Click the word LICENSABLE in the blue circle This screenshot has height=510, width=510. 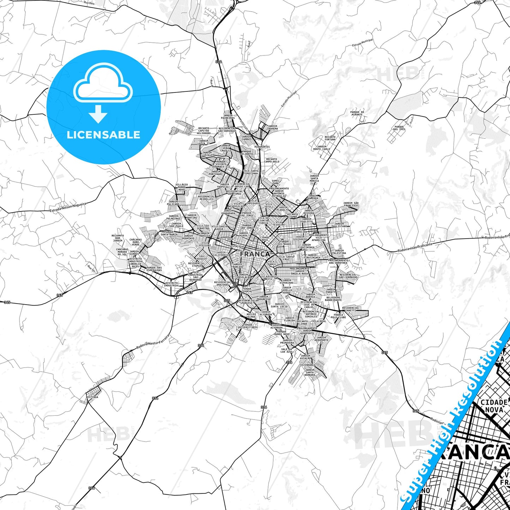103,135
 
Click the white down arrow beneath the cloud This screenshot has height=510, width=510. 98,114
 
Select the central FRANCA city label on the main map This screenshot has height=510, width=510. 254,254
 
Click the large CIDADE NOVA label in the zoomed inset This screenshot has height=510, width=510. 494,406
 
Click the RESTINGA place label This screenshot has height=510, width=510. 92,397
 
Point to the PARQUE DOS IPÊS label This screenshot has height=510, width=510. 399,128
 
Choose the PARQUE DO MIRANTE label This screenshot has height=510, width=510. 357,113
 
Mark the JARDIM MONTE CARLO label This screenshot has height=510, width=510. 321,148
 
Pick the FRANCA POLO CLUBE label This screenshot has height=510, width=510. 338,316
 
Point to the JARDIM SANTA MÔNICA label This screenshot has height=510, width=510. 314,178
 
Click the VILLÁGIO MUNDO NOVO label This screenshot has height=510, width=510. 181,187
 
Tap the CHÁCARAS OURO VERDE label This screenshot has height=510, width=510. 136,242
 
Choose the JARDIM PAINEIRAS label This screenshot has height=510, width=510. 228,116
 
